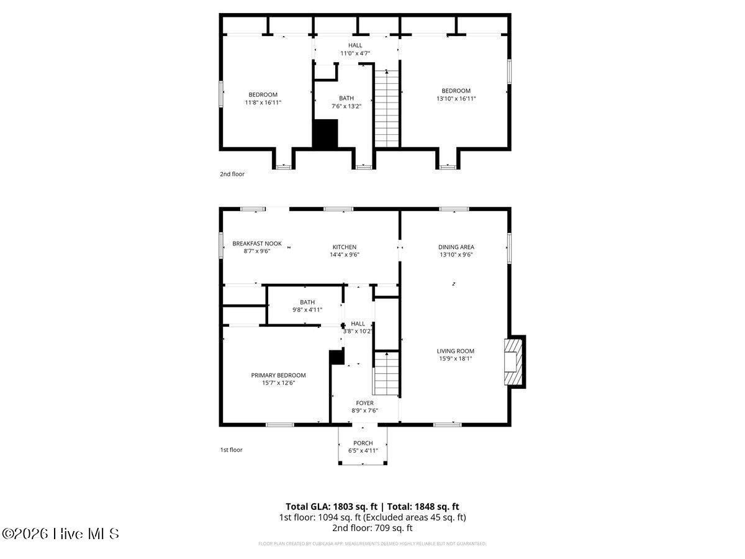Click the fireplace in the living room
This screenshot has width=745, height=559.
(515, 361)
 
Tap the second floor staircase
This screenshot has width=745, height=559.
(387, 109)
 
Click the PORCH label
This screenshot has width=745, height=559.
(363, 443)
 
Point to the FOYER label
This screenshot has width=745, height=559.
(364, 403)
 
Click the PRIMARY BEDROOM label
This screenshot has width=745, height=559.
(278, 375)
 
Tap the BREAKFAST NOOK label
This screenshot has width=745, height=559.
(257, 243)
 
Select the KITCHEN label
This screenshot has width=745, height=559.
(344, 247)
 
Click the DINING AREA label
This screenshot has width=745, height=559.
(456, 247)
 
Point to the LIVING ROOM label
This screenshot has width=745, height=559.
(456, 351)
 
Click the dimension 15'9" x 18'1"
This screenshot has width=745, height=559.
(456, 358)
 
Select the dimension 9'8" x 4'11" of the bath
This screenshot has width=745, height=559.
(307, 310)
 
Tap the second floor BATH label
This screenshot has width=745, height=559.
(346, 98)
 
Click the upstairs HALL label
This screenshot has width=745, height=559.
(355, 45)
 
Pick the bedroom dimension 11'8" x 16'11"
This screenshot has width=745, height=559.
(263, 102)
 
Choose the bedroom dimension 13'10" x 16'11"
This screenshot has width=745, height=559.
(456, 98)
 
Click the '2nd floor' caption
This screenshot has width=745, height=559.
(232, 174)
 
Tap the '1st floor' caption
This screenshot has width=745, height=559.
(231, 450)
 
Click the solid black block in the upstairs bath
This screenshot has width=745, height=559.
(324, 134)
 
